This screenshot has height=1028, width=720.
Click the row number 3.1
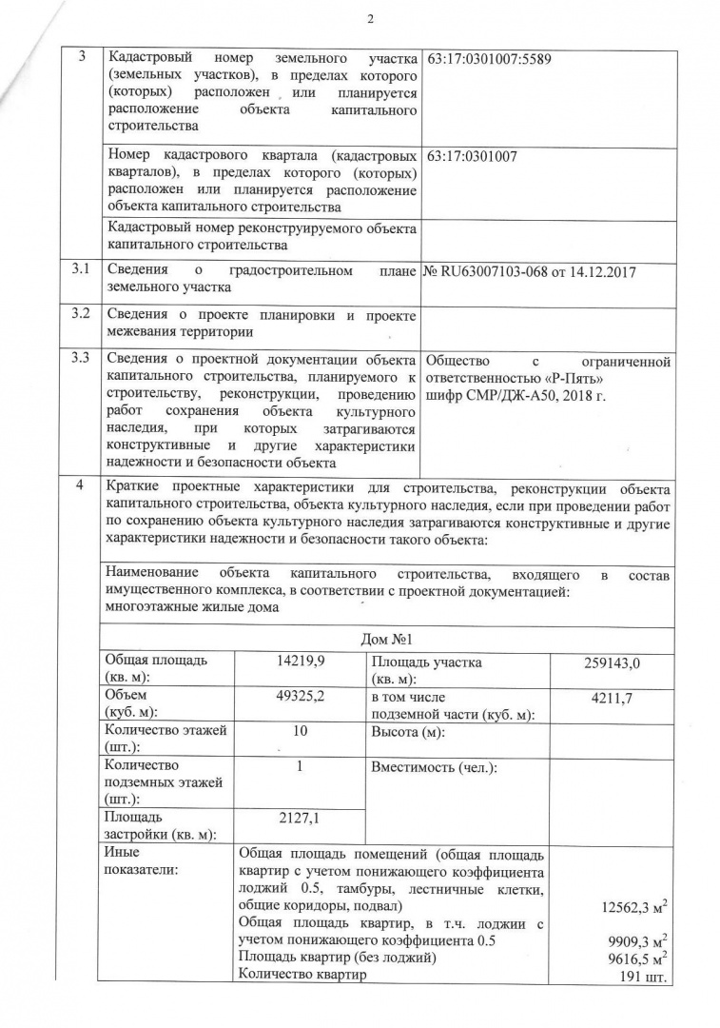(81, 270)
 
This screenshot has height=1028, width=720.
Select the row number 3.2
(81, 314)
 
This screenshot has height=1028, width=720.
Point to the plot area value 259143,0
(612, 662)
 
